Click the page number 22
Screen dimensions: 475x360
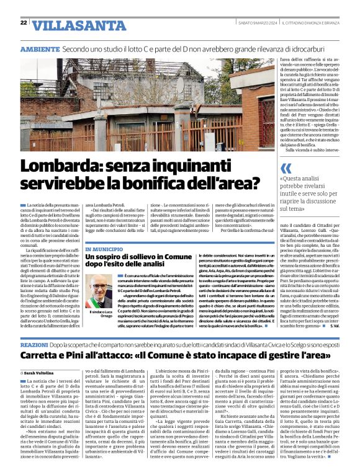(x=24, y=23)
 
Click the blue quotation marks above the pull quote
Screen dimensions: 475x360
(x=286, y=169)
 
